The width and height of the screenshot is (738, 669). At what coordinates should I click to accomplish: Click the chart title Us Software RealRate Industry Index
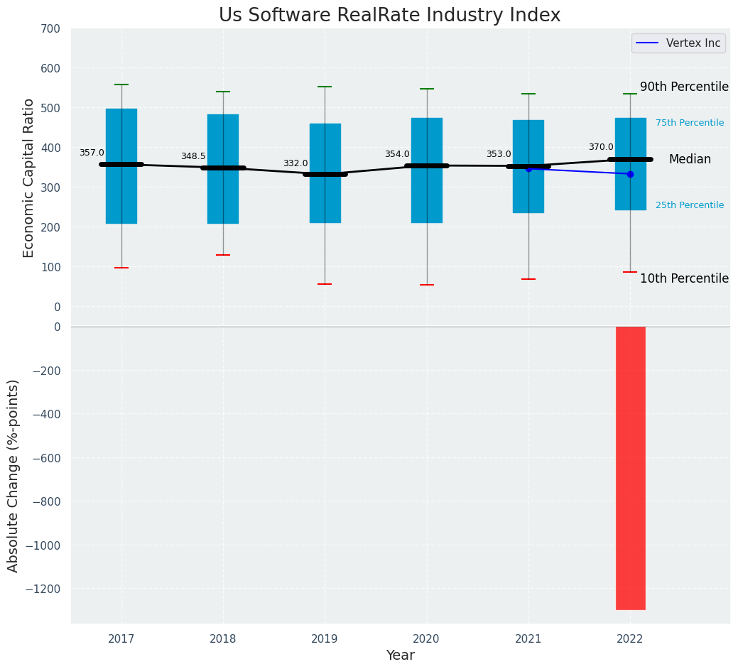click(389, 16)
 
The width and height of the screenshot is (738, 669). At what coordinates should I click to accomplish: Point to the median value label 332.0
click(295, 163)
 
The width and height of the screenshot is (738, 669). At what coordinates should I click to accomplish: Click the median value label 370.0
click(601, 147)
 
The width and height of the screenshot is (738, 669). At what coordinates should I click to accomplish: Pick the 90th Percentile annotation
click(684, 87)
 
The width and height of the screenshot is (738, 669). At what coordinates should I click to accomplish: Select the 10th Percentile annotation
click(684, 278)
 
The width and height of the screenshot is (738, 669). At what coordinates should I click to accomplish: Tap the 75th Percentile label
click(690, 123)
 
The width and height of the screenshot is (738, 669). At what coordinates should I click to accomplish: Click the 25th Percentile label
click(690, 205)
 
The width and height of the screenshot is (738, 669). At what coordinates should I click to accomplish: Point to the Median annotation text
click(690, 160)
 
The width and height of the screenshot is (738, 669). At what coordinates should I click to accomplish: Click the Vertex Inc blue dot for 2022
click(630, 174)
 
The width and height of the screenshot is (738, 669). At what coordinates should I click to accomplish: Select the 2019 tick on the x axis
click(325, 639)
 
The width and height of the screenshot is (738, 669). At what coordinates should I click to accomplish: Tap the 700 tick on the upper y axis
click(51, 29)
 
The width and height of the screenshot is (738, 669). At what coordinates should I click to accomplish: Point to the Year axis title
click(400, 656)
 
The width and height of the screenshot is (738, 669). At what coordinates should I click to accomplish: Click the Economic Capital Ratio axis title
click(29, 178)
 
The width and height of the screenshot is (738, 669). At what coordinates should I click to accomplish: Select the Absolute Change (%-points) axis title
click(13, 475)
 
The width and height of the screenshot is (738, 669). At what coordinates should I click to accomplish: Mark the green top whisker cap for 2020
click(427, 89)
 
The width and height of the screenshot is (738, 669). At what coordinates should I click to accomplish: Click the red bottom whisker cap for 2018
click(223, 255)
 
